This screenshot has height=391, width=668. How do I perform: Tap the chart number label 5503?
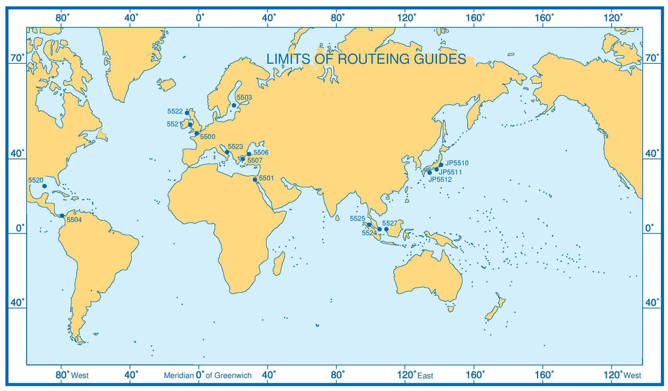[244, 98]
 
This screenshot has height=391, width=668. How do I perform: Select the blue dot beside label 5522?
[187, 113]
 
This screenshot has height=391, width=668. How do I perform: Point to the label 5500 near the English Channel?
[207, 137]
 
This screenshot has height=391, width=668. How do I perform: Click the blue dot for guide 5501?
[255, 179]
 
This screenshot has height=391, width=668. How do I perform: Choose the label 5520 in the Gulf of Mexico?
[36, 180]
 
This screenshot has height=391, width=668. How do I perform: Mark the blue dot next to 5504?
[62, 216]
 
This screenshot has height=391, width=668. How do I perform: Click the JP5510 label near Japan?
[457, 163]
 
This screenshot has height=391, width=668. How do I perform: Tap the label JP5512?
[441, 179]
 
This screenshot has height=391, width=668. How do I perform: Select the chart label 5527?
[389, 224]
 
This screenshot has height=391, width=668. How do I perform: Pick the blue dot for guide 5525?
[369, 225]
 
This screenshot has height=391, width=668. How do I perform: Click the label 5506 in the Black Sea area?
[261, 152]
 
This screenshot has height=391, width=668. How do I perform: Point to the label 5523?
[235, 147]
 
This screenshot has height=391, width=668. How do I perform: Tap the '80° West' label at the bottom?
[72, 375]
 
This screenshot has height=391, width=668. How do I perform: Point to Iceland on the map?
[166, 85]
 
